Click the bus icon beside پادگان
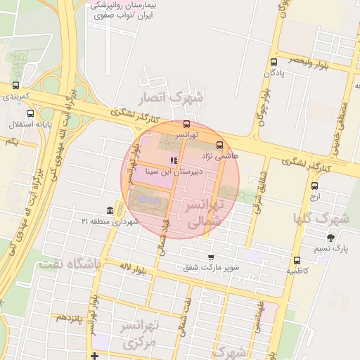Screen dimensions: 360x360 click(x=273, y=63)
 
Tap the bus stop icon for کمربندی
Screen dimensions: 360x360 click(x=15, y=85)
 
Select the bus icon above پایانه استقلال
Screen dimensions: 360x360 click(x=30, y=113)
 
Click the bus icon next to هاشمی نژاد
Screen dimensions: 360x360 click(x=220, y=145)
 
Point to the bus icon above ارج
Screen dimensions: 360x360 click(x=314, y=186)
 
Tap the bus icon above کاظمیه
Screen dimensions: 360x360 click(x=297, y=260)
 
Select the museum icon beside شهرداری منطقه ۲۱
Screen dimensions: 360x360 click(x=110, y=211)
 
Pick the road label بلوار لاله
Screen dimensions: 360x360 click(x=131, y=267)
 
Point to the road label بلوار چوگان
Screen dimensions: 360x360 click(x=264, y=105)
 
